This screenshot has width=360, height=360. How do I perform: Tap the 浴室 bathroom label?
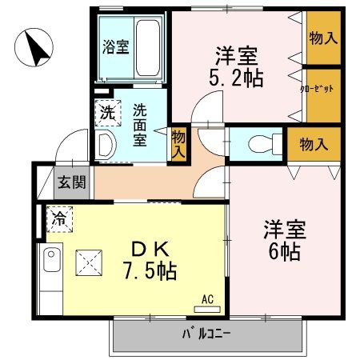coord(116,46)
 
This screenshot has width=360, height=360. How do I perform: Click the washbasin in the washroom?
coord(104,143)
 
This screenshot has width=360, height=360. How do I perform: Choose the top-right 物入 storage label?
coord(322,37)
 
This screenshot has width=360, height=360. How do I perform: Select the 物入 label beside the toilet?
coord(313,145)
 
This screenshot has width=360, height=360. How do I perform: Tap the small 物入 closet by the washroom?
coord(178,144)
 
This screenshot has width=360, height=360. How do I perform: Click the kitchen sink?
coord(51,261)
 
